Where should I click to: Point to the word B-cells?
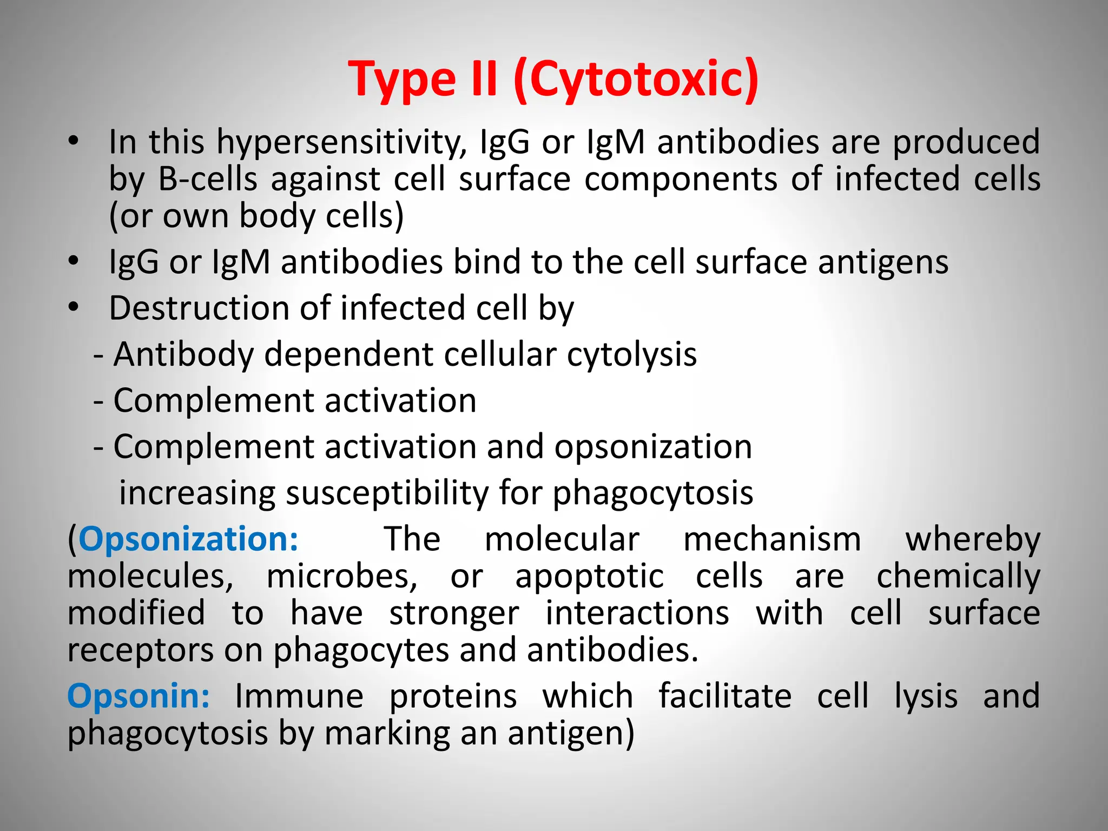[208, 179]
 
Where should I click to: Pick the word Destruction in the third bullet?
[198, 308]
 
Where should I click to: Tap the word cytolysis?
[632, 355]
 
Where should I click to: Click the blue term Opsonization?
[188, 539]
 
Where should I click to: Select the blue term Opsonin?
[139, 696]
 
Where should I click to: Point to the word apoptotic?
[590, 576]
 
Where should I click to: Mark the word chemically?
[958, 576]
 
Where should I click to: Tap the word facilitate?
[725, 696]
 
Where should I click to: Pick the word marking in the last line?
[386, 734]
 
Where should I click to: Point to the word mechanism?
[772, 539]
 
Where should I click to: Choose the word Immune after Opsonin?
[299, 696]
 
